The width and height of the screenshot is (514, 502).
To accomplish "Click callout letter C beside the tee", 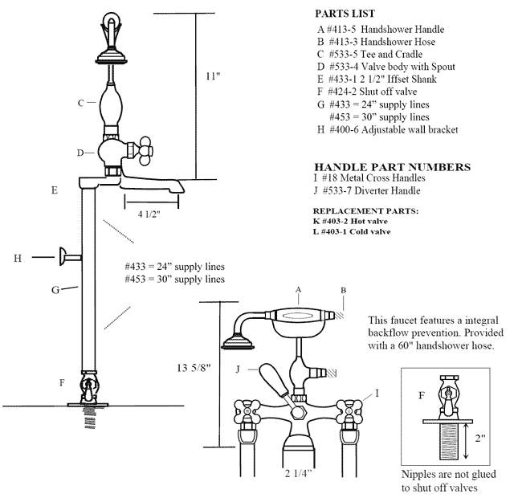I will pos(80,103).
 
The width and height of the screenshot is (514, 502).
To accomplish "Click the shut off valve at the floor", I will pos(87,387).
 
